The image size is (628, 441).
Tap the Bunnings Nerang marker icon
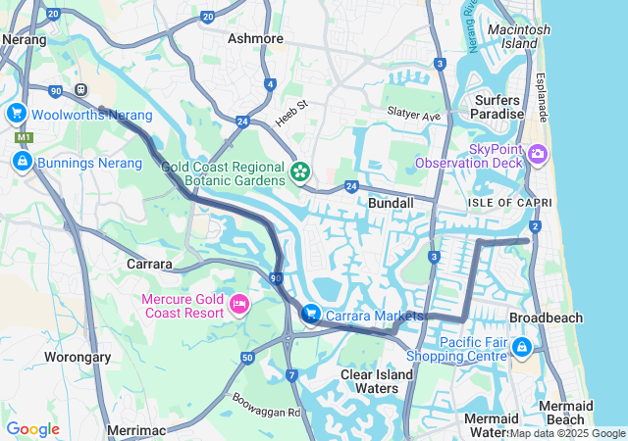pyautogui.click(x=22, y=161)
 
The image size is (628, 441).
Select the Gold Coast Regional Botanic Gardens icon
pyautogui.click(x=300, y=173)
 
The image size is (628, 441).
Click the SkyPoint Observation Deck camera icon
pyautogui.click(x=537, y=155)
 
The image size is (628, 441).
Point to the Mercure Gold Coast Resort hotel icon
pyautogui.click(x=238, y=306)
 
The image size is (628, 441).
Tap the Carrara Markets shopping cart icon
pyautogui.click(x=311, y=315)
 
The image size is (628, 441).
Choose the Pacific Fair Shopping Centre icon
pyautogui.click(x=521, y=348)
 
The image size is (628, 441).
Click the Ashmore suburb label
pyautogui.click(x=255, y=39)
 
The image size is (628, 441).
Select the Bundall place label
pyautogui.click(x=391, y=202)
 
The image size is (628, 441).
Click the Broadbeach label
pyautogui.click(x=547, y=318)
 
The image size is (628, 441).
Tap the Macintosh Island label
pyautogui.click(x=518, y=37)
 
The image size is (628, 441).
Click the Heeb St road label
pyautogui.click(x=290, y=104)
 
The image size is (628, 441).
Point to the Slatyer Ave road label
pyautogui.click(x=412, y=115)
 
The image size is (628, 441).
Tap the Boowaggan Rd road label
pyautogui.click(x=265, y=405)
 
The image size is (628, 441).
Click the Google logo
pyautogui.click(x=32, y=429)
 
